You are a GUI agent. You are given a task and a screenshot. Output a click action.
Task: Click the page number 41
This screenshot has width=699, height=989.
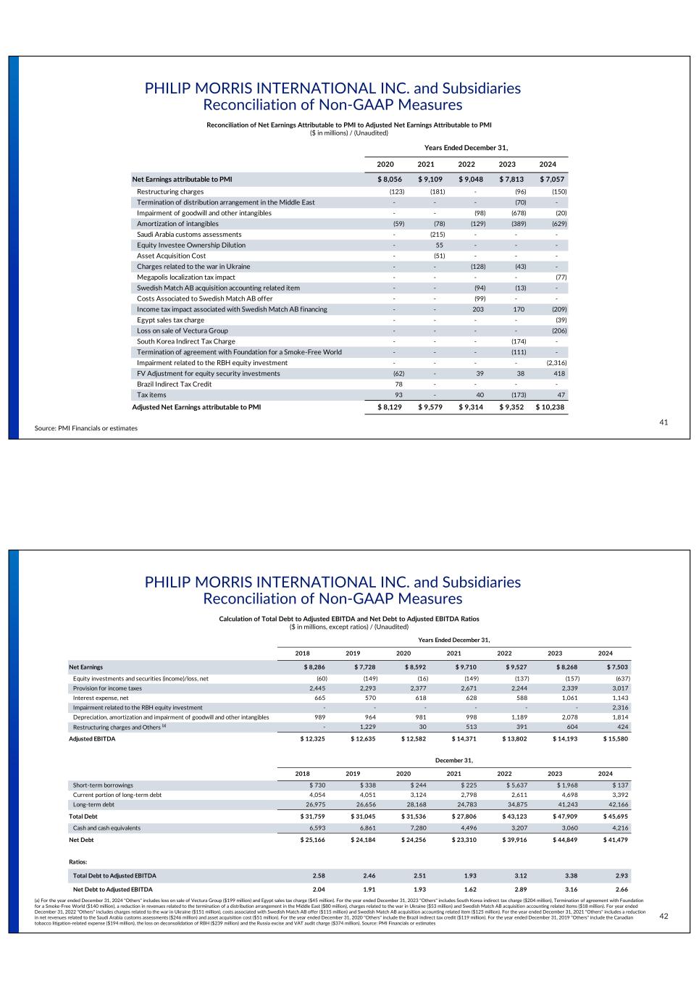pos(664,422)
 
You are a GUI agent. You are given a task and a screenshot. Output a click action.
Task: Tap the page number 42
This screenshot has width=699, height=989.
pos(664,917)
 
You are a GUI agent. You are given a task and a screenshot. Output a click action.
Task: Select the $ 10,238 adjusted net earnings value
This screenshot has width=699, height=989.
pos(551,407)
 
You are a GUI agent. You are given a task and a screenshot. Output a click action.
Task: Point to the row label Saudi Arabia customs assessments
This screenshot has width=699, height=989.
pos(189,235)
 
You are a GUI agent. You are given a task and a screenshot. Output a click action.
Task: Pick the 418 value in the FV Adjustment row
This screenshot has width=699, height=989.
pos(560,374)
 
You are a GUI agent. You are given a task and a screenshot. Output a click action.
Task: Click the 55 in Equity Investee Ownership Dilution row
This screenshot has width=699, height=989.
pos(440,246)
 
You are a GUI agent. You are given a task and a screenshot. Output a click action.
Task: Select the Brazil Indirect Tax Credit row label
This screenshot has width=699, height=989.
pos(175,384)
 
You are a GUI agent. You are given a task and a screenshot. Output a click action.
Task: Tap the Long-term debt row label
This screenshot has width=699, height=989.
pos(93,804)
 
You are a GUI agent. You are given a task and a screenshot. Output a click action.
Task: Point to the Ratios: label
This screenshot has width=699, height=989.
pos(78,862)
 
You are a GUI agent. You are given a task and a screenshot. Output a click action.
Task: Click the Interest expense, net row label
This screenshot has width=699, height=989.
pos(101,698)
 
